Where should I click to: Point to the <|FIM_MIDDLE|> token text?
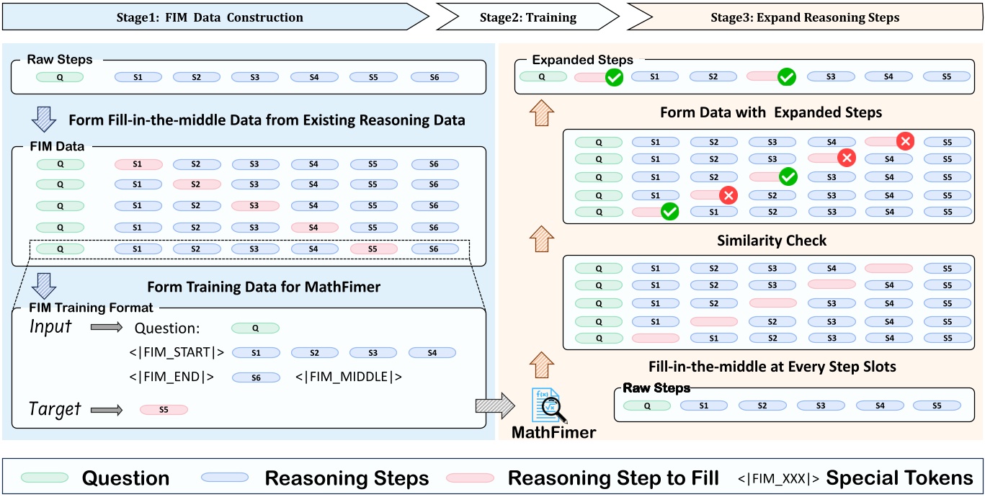pyautogui.click(x=348, y=377)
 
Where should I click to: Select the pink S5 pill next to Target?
pyautogui.click(x=164, y=409)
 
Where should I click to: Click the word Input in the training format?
pyautogui.click(x=50, y=326)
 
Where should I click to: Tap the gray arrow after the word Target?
pyautogui.click(x=107, y=410)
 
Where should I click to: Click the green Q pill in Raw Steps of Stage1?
pyautogui.click(x=61, y=77)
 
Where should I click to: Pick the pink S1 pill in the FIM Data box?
pyautogui.click(x=138, y=164)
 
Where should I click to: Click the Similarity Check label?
pyautogui.click(x=771, y=241)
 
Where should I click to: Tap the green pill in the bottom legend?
pyautogui.click(x=45, y=478)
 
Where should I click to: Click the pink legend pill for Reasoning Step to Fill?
pyautogui.click(x=470, y=478)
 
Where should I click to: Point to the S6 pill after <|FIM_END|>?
pyautogui.click(x=256, y=377)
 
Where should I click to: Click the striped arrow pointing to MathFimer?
pyautogui.click(x=495, y=406)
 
